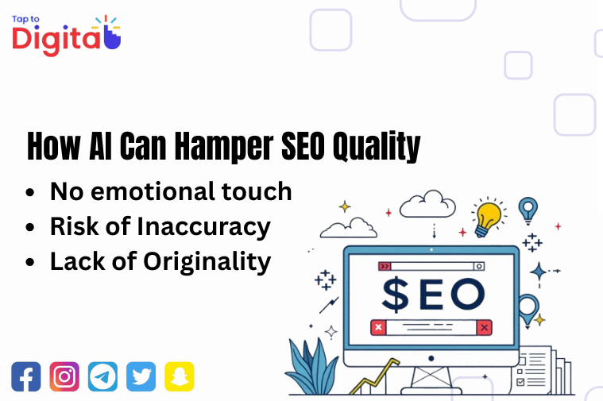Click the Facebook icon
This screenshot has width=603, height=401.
(x=26, y=376)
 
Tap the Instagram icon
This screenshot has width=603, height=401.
(x=64, y=376)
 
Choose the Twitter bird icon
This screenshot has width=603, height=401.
(x=141, y=376)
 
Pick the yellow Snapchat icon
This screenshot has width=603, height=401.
(x=180, y=376)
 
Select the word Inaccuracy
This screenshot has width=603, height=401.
(x=204, y=227)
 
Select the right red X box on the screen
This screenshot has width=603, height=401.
(x=484, y=326)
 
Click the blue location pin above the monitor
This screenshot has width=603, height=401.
(x=527, y=210)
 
